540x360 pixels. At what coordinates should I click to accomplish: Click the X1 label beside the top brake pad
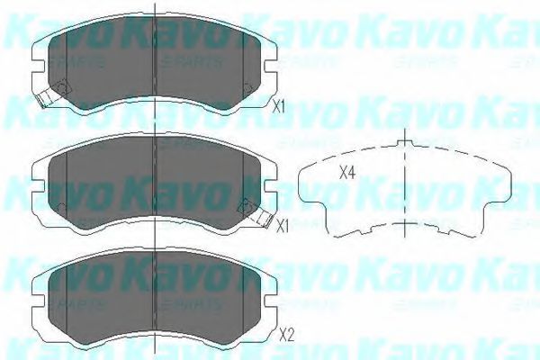279,106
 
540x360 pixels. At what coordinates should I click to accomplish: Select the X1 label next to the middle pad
283,226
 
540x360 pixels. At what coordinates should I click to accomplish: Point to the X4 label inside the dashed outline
346,175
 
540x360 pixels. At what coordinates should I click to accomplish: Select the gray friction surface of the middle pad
153,180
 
